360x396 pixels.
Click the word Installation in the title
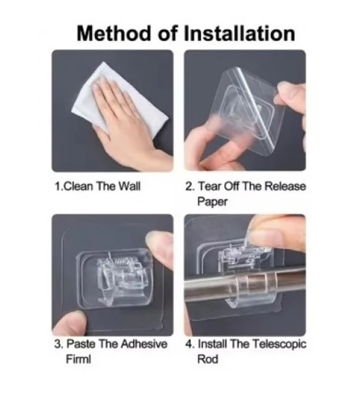point(240,34)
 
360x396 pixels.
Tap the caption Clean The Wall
point(98,187)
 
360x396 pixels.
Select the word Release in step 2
point(285,187)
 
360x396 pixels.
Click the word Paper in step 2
point(212,202)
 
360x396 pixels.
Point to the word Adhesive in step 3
point(143,344)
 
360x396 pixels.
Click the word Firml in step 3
point(78,359)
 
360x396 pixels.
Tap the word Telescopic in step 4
point(279,344)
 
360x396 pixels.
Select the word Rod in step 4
point(207,359)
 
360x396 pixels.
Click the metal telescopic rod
point(245,284)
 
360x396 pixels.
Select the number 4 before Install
point(189,344)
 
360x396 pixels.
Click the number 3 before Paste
point(58,344)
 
